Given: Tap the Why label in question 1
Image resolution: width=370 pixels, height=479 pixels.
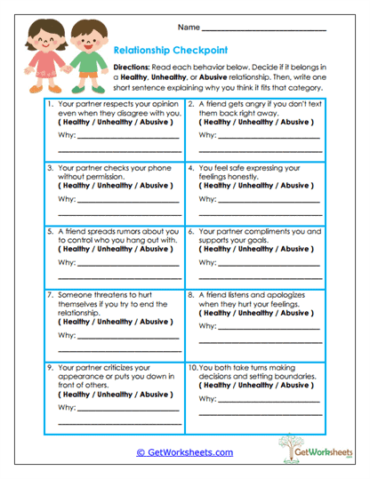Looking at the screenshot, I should (66, 135).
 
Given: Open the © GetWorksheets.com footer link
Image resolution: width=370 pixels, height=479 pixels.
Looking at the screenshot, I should (184, 451).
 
